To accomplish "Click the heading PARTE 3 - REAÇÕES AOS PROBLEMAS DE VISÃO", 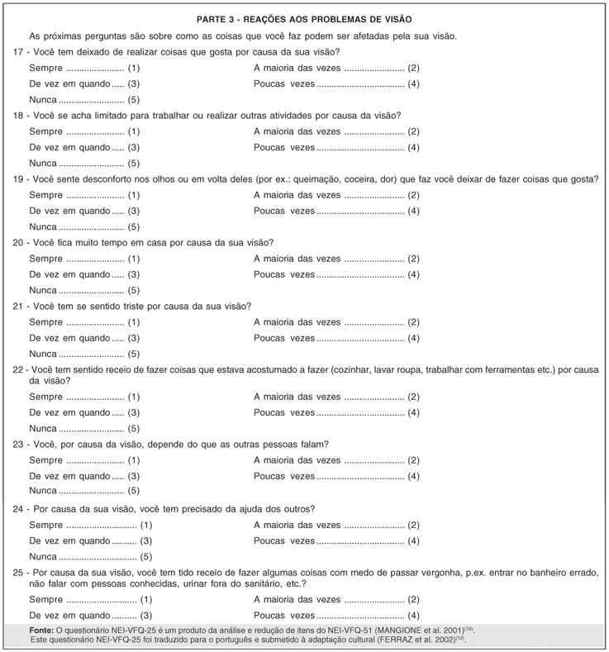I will [x=304, y=18].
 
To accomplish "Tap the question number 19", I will [x=20, y=178].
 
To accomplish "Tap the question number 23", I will [x=20, y=444].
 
